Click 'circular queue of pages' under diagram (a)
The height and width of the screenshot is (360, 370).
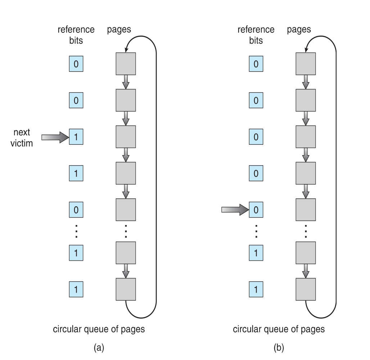[99, 329]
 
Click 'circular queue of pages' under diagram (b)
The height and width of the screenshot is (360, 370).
[279, 329]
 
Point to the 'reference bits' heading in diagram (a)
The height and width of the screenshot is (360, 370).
[76, 35]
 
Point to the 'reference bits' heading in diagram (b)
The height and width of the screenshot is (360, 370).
[256, 35]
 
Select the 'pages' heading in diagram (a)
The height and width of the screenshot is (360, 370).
[119, 30]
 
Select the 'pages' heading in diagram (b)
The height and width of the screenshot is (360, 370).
[299, 30]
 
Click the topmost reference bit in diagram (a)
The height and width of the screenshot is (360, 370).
[76, 64]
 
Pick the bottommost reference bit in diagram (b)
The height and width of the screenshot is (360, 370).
[256, 289]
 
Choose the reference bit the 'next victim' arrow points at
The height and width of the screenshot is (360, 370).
[76, 137]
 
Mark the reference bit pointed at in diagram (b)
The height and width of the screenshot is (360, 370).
[256, 210]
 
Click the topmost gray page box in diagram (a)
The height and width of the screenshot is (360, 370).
[126, 64]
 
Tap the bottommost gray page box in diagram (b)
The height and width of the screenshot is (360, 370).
[306, 289]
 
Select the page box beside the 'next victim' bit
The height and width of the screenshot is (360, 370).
[126, 136]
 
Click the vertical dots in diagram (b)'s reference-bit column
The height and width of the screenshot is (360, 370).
[256, 231]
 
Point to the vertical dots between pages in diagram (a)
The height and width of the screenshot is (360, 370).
[126, 231]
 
